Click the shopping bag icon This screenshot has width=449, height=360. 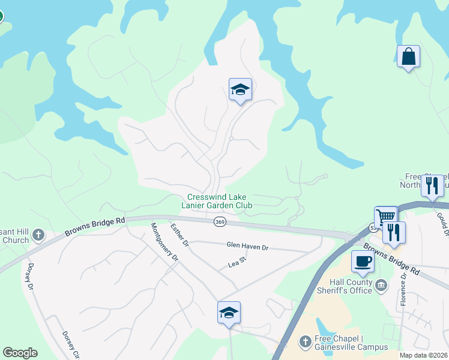click(x=408, y=57)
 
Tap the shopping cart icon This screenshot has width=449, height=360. click(x=385, y=217)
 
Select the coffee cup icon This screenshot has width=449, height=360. click(x=363, y=262)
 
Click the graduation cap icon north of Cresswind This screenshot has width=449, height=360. click(x=240, y=90)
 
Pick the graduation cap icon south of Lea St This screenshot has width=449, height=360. click(x=229, y=313)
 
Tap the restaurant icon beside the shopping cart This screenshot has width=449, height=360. click(x=394, y=232)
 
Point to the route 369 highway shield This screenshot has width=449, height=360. click(x=219, y=222)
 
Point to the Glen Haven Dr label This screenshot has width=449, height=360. click(x=247, y=245)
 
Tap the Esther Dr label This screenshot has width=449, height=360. click(x=179, y=235)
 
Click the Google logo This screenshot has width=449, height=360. click(x=20, y=353)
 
